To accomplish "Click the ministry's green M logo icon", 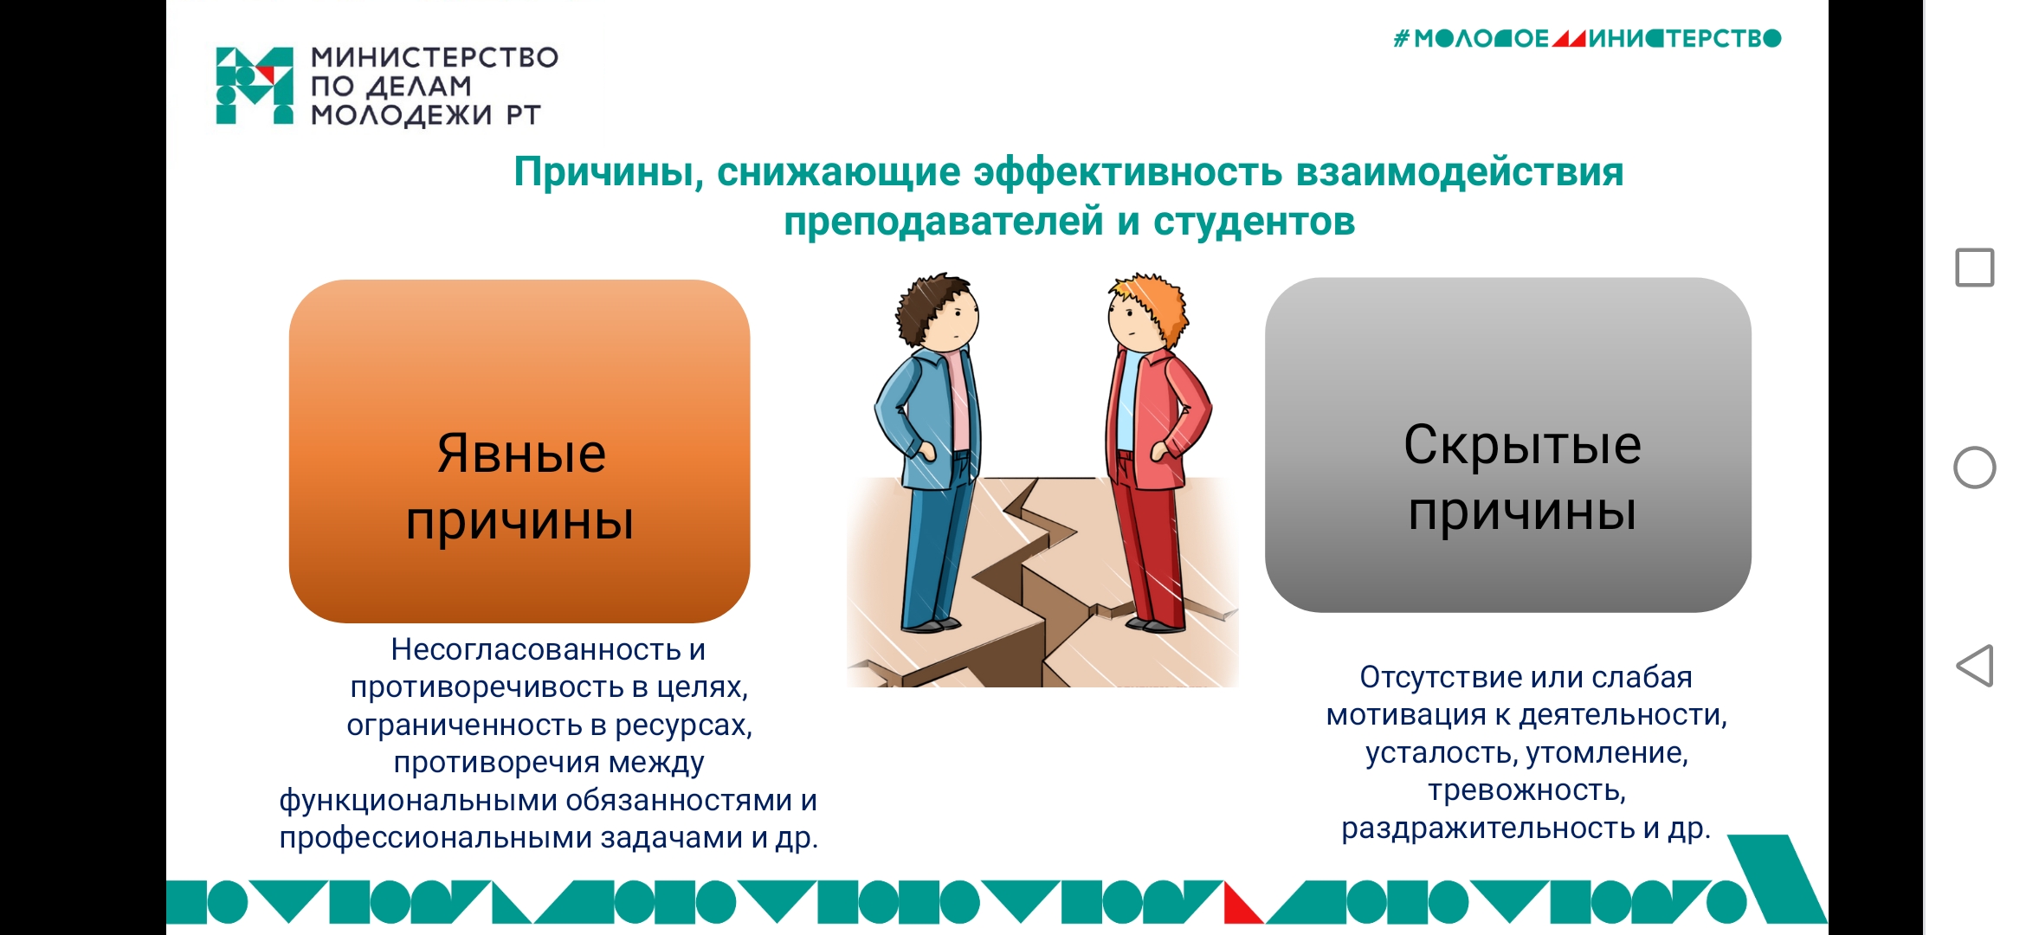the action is (255, 86).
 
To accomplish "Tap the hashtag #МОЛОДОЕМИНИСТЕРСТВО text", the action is (1587, 38).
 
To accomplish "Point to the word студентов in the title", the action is (1254, 222).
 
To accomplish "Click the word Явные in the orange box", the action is (521, 453).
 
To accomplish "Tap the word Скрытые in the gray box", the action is (1522, 445).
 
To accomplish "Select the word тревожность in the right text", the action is (1526, 790).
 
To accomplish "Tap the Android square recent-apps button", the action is (1975, 268).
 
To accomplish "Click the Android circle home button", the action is (1975, 467).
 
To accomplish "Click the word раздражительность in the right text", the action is (1487, 829).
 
